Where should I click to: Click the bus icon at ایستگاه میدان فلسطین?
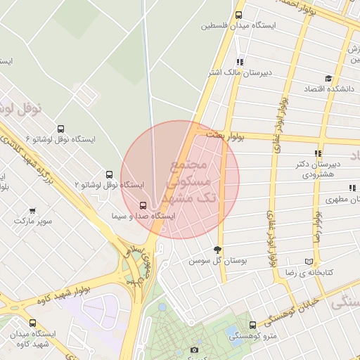(238, 15)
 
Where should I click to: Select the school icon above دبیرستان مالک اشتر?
(240, 62)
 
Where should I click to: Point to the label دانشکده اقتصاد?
(328, 89)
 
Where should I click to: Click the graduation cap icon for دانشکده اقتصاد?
(328, 79)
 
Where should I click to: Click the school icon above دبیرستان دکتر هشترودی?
(318, 153)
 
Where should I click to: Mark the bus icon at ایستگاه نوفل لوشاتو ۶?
(60, 129)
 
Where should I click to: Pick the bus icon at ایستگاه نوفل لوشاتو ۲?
(109, 174)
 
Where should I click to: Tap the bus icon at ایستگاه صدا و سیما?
(143, 205)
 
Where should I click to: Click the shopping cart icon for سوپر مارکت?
(32, 211)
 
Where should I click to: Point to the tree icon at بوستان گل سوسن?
(217, 250)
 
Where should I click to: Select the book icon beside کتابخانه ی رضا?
(309, 261)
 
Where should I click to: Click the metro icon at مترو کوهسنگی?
(253, 325)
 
